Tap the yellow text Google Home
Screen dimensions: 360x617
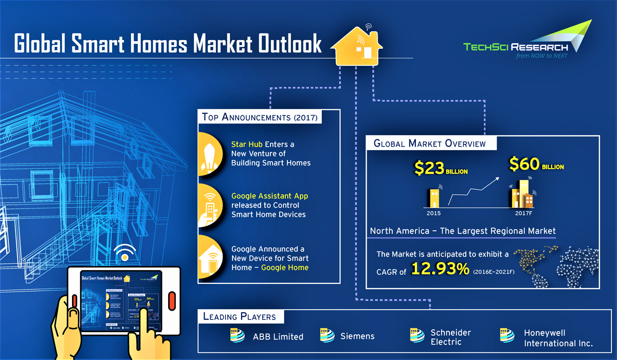(x=285, y=267)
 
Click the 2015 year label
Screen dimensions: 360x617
(x=433, y=212)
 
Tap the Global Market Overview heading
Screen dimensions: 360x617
(x=429, y=143)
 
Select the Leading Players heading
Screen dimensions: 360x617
(x=239, y=316)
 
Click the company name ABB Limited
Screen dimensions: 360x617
(x=278, y=337)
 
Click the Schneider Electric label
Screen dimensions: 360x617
(x=450, y=337)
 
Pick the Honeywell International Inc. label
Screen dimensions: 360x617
(x=558, y=338)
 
